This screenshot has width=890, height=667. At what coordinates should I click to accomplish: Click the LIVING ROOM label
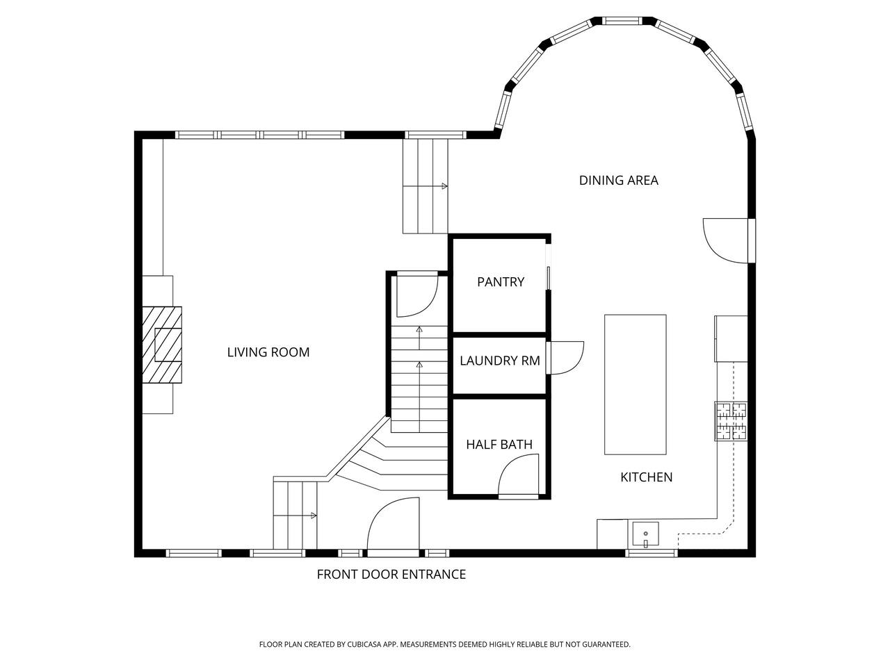pyautogui.click(x=268, y=352)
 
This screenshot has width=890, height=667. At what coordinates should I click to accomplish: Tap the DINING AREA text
pyautogui.click(x=618, y=181)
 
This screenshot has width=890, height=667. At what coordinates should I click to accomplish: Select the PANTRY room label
pyautogui.click(x=501, y=282)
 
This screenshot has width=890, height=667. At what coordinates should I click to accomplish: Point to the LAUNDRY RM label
pyautogui.click(x=499, y=361)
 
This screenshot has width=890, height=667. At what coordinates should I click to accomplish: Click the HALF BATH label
pyautogui.click(x=499, y=445)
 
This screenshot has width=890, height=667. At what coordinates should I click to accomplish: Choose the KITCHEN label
pyautogui.click(x=647, y=477)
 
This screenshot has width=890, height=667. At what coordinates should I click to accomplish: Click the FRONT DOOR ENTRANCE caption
pyautogui.click(x=391, y=575)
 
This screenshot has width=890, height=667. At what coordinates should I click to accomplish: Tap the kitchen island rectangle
pyautogui.click(x=635, y=384)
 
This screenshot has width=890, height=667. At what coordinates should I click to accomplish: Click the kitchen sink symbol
pyautogui.click(x=645, y=534)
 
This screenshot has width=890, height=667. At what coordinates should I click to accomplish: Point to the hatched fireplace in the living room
pyautogui.click(x=162, y=345)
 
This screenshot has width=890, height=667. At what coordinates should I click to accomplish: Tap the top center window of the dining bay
pyautogui.click(x=622, y=21)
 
